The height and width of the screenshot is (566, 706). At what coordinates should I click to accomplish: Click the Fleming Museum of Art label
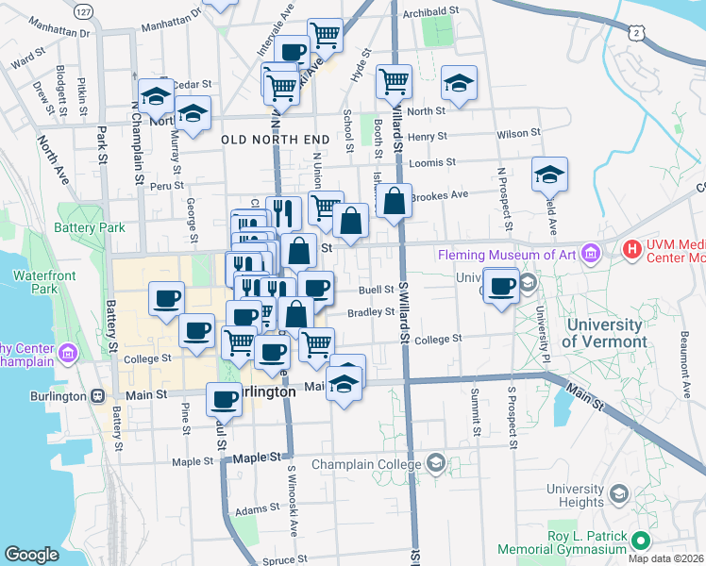pos(510,254)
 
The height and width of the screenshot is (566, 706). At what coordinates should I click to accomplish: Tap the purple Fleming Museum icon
pos(592,253)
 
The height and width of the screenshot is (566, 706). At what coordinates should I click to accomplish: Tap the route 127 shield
pos(85,11)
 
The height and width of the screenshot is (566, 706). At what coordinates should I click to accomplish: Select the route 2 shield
pos(639,33)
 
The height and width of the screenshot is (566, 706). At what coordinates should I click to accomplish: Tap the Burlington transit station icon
pos(97,396)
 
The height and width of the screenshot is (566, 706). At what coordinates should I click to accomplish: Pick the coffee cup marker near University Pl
pos(502,284)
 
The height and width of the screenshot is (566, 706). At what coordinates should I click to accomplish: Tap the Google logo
pos(32,555)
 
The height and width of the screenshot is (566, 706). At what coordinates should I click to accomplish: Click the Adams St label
pos(258,510)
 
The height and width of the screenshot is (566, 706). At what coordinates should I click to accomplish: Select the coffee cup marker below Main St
pos(224,399)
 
